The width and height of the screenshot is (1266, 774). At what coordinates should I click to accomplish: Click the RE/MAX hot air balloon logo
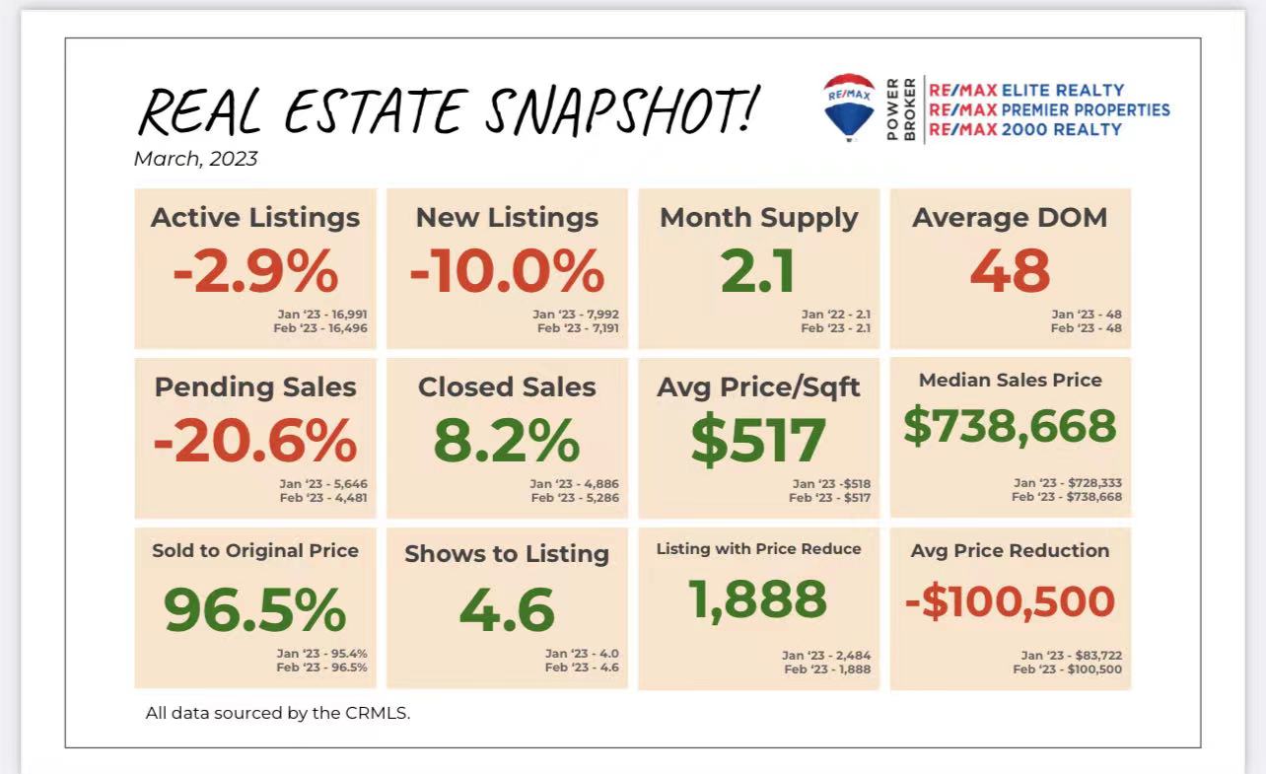[849, 106]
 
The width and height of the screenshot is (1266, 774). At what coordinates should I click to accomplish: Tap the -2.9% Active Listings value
[255, 271]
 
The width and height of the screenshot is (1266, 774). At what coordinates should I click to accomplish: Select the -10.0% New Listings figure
[507, 271]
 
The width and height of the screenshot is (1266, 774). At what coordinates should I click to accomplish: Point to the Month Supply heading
[758, 218]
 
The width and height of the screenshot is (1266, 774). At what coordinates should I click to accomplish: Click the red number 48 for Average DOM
[1010, 271]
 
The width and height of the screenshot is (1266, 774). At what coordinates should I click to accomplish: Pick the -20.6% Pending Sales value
[255, 441]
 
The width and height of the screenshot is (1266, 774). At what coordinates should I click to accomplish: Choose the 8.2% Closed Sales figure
[507, 441]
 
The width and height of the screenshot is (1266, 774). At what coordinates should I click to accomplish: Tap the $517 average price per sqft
[758, 441]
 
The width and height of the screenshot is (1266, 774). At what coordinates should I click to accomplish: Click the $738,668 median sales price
[1010, 426]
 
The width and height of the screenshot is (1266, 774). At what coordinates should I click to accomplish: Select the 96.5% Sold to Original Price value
[255, 610]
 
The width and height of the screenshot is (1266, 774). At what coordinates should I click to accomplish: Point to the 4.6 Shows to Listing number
[507, 610]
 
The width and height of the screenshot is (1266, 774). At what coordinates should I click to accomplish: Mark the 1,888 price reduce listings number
[758, 598]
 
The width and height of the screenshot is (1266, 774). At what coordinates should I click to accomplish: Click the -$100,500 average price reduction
[1010, 601]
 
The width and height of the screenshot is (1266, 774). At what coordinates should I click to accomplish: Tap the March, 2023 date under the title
[195, 159]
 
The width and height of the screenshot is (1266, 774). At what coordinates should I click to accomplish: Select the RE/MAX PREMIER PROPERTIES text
[1049, 109]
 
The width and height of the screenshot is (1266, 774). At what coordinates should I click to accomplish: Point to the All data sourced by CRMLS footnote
[277, 712]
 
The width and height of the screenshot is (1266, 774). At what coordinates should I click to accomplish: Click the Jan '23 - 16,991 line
[322, 314]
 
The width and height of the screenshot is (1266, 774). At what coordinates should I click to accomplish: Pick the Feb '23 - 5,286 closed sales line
[575, 498]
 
